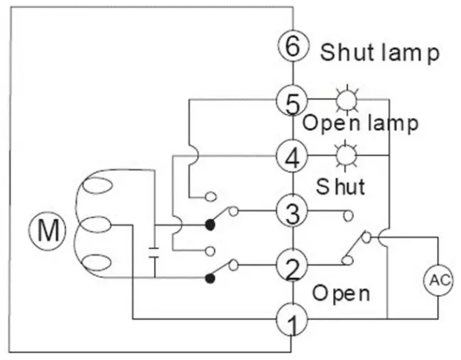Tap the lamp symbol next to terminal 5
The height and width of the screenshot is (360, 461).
point(345,100)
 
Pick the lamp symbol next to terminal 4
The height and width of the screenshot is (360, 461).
point(345,155)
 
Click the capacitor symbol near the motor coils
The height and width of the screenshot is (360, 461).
point(155,250)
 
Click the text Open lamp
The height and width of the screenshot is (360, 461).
point(360,123)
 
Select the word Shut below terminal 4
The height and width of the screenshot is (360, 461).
point(341,185)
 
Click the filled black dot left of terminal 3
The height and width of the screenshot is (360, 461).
point(210,224)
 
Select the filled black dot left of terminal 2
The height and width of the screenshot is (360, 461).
point(210,278)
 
